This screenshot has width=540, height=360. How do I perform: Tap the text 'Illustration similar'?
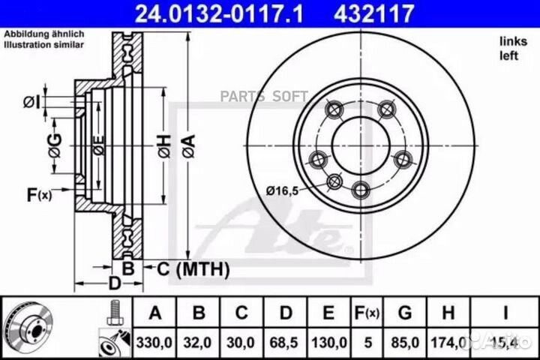point(44,45)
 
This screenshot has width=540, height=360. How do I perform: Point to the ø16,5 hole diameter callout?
point(286,191)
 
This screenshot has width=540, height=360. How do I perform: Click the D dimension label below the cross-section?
point(114,283)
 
